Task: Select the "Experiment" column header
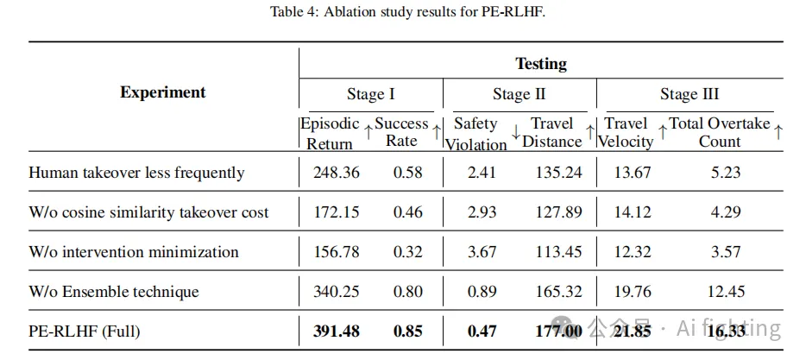[x=163, y=92]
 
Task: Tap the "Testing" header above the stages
[x=541, y=63]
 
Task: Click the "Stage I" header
[x=370, y=94]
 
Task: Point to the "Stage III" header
[x=690, y=94]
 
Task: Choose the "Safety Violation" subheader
[x=475, y=133]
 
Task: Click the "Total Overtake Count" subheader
[x=719, y=132]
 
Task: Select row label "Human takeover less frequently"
[x=136, y=173]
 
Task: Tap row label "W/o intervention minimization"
[x=134, y=252]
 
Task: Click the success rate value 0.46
[x=408, y=212]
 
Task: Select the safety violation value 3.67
[x=482, y=252]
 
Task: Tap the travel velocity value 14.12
[x=633, y=212]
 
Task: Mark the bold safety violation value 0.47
[x=482, y=332]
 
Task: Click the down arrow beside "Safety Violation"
[x=514, y=132]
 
